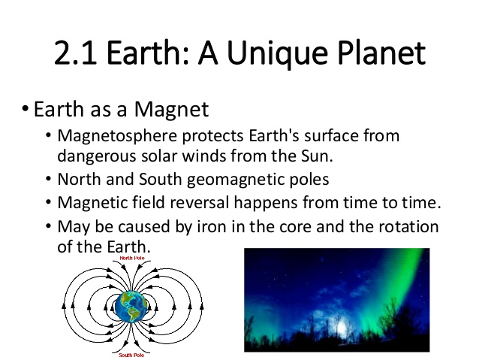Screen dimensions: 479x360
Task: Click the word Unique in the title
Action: point(278,53)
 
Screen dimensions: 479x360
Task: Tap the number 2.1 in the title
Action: point(76,53)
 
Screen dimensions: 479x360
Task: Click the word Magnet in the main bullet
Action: point(171,109)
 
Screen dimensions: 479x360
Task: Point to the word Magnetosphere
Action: point(117,136)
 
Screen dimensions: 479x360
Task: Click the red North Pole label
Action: point(132,258)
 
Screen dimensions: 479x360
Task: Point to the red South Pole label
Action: point(131,355)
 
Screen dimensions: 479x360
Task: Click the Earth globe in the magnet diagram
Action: point(131,307)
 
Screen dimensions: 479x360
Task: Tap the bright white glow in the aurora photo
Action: point(342,327)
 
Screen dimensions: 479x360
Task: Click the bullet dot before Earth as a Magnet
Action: point(26,108)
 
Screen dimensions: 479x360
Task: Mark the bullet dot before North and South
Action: point(48,179)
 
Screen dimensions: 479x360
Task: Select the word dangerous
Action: point(97,157)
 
